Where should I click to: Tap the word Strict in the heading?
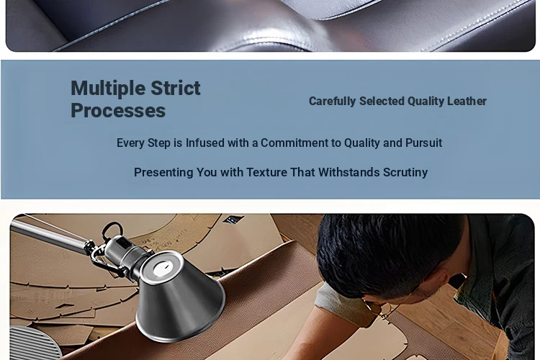point(176,88)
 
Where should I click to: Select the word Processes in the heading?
point(118,112)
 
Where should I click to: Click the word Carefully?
point(332,102)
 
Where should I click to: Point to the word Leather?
point(467,101)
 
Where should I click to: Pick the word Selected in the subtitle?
point(382,101)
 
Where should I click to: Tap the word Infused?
point(205,143)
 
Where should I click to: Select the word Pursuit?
point(423,143)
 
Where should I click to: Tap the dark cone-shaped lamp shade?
point(179,300)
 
